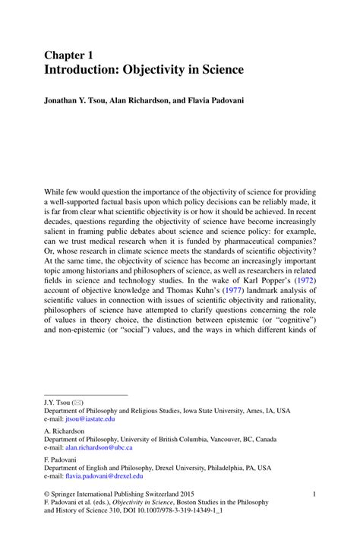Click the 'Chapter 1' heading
tap(71, 55)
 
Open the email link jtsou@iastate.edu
tap(90, 418)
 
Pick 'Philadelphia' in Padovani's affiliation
tap(227, 468)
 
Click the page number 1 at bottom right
tap(314, 494)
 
